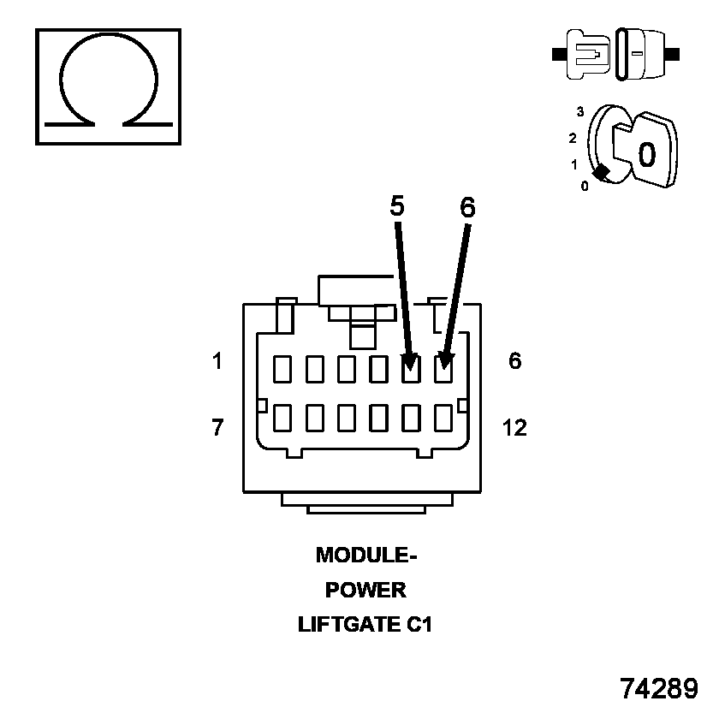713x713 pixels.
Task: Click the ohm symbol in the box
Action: pyautogui.click(x=108, y=86)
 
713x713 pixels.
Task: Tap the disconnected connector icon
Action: pyautogui.click(x=617, y=53)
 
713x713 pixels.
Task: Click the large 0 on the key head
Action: pyautogui.click(x=647, y=154)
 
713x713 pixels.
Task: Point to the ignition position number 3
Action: pyautogui.click(x=580, y=111)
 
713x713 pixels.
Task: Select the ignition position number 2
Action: pyautogui.click(x=573, y=138)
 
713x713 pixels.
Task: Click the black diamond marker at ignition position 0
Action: pyautogui.click(x=602, y=172)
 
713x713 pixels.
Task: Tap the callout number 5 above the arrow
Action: pyautogui.click(x=397, y=205)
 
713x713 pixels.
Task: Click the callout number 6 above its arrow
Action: pyautogui.click(x=467, y=207)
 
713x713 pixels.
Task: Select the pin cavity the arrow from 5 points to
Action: pyautogui.click(x=411, y=369)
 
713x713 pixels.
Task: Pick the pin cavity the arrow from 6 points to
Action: pyautogui.click(x=443, y=369)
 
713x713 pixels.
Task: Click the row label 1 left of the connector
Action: pyautogui.click(x=217, y=361)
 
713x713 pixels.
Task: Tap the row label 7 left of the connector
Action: pyautogui.click(x=217, y=427)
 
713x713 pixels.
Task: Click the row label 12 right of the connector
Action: pyautogui.click(x=514, y=427)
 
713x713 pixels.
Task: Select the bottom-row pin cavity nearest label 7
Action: pyautogui.click(x=282, y=418)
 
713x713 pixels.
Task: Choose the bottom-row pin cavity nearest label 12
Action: pyautogui.click(x=443, y=418)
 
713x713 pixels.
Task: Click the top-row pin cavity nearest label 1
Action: pyautogui.click(x=282, y=369)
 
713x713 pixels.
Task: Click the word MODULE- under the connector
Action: pyautogui.click(x=365, y=556)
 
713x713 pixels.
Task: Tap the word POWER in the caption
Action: pyautogui.click(x=365, y=591)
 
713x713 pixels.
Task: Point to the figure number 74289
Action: pyautogui.click(x=659, y=687)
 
